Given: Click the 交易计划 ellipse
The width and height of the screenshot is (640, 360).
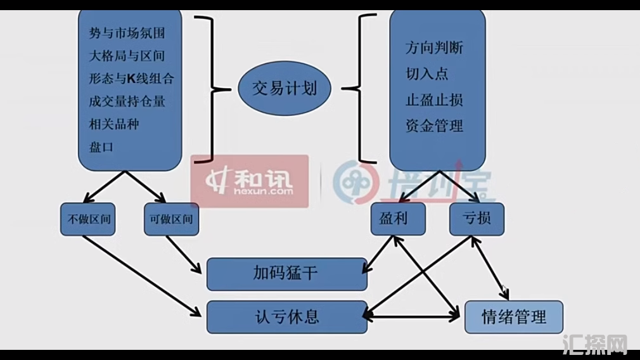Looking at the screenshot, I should click(285, 89).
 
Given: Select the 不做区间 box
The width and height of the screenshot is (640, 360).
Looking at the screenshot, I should click(88, 219).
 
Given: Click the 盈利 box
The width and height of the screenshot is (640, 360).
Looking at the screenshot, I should click(398, 219).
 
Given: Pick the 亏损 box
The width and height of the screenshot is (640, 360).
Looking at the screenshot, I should click(477, 219).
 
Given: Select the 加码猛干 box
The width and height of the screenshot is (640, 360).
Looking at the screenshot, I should click(286, 274).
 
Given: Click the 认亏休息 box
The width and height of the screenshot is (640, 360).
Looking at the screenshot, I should click(286, 316).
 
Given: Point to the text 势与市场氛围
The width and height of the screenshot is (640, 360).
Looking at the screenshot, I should click(127, 33).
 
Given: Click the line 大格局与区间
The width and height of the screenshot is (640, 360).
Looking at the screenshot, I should click(127, 56).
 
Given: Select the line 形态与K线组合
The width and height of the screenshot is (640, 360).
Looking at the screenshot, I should click(131, 79).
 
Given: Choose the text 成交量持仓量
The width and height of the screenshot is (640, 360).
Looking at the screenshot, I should click(127, 101).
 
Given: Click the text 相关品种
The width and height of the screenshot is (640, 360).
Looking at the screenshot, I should click(114, 124).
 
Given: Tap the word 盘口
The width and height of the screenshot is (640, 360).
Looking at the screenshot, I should click(101, 147).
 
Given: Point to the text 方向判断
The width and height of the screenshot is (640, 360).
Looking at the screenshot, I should click(434, 48).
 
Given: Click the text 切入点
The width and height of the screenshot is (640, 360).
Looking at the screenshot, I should click(427, 74).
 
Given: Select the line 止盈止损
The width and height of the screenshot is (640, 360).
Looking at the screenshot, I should click(434, 100).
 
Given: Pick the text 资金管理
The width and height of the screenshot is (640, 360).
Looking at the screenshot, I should click(434, 126).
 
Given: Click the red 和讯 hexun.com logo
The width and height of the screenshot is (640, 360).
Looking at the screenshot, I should click(250, 181).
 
